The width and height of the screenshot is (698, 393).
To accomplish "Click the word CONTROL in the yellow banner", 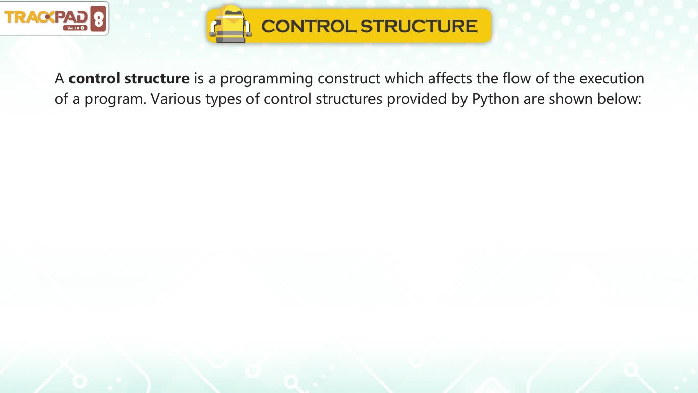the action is tap(309, 26).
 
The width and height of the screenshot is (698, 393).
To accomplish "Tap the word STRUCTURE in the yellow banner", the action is tap(419, 26).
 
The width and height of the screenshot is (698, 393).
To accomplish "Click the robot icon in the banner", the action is tap(230, 25).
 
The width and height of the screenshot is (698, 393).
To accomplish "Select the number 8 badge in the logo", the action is tap(99, 18).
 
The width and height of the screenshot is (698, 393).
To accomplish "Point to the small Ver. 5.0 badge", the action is tap(76, 28).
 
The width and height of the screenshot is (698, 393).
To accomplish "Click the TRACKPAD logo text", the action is tap(46, 17).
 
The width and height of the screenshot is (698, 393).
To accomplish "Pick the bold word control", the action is tap(94, 78).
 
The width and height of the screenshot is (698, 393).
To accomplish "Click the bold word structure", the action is tap(157, 78).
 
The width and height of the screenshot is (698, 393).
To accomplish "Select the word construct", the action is tap(349, 79).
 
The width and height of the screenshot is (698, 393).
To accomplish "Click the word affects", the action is tap(450, 78).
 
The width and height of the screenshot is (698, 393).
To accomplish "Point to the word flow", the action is tap(517, 78).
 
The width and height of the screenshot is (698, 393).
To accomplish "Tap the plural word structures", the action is tap(349, 99).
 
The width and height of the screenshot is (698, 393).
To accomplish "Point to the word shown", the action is tap(571, 99).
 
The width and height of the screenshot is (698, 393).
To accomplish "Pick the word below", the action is tap(619, 99).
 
